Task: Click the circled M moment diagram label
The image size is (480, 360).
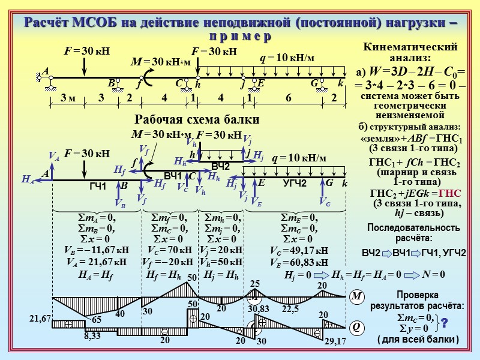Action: tap(355, 296)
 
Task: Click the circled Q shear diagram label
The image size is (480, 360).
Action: tap(355, 327)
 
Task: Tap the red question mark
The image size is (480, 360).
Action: tap(445, 323)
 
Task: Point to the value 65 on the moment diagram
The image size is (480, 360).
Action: tap(97, 320)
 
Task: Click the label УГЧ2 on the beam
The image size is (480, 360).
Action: tap(295, 182)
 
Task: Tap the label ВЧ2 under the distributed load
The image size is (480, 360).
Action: tap(220, 164)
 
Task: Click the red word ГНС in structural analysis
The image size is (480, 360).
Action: tap(449, 193)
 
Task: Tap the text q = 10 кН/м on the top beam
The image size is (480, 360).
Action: tap(287, 58)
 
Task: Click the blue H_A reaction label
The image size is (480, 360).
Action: tap(28, 179)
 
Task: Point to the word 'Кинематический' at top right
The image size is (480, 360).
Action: tap(411, 47)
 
